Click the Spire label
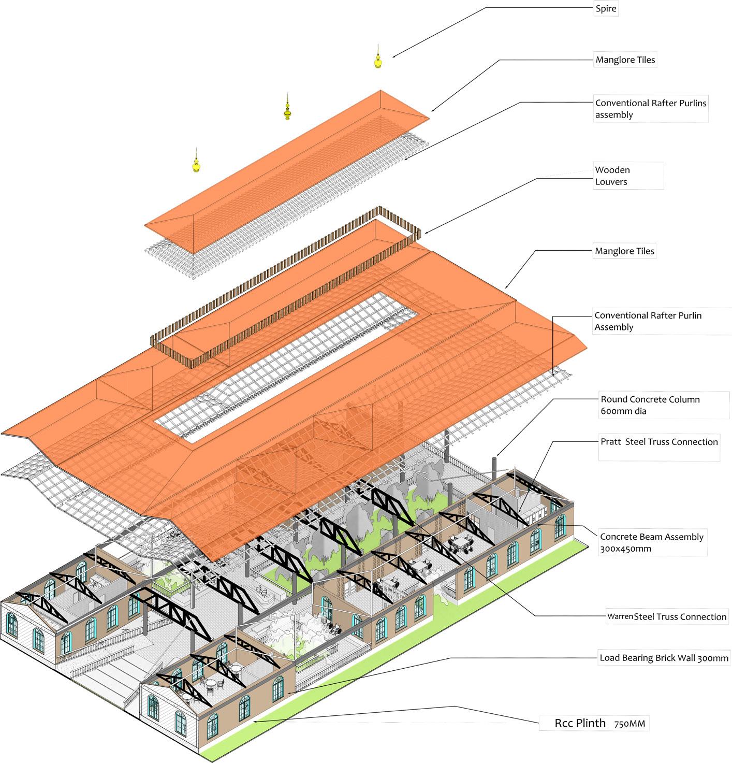click(606, 9)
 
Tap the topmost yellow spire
click(378, 60)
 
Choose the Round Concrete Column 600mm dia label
click(650, 405)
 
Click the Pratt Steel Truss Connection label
click(659, 442)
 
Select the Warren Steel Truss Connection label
click(667, 616)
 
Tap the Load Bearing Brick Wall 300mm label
click(664, 658)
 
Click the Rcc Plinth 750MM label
click(593, 723)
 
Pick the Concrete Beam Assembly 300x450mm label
click(651, 542)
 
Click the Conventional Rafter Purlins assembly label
click(650, 109)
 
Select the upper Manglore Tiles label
click(625, 60)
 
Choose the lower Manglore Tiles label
click(624, 251)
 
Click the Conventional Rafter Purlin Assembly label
click(648, 321)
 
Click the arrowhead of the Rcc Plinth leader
click(254, 721)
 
